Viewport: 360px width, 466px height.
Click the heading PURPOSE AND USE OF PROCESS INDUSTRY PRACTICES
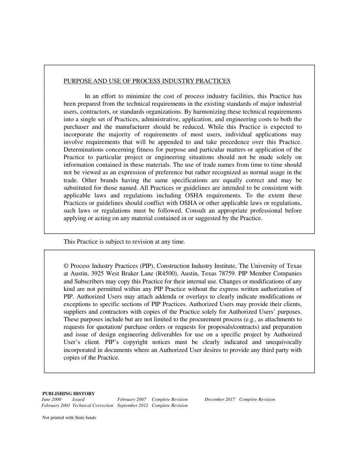(x=147, y=81)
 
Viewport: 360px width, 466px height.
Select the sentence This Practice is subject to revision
(x=124, y=242)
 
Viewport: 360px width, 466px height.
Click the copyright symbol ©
(x=66, y=266)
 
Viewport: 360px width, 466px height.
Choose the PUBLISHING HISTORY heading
(x=68, y=394)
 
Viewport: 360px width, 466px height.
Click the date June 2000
(x=52, y=399)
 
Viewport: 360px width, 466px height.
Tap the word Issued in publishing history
(x=78, y=399)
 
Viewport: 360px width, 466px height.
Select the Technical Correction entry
(x=93, y=405)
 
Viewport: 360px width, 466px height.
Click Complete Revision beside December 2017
(x=257, y=399)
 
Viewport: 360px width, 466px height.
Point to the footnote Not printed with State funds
(x=69, y=418)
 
